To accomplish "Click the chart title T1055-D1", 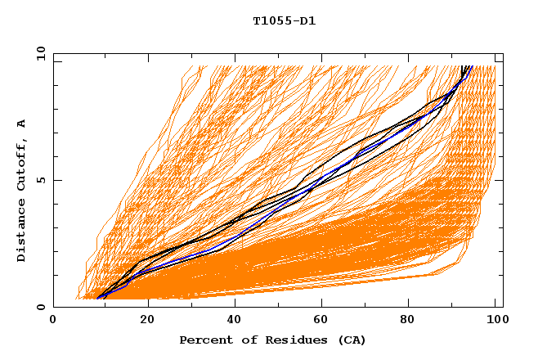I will [284, 21].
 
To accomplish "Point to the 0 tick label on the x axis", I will [53, 320].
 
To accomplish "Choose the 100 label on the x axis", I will [495, 320].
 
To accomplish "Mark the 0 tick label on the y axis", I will [38, 308].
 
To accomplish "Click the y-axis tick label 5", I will [38, 180].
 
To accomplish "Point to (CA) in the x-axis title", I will [349, 340].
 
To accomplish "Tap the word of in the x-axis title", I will [243, 340].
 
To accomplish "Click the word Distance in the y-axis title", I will [21, 232].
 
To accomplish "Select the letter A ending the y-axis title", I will [21, 124].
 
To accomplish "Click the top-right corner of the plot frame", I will [503, 54].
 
